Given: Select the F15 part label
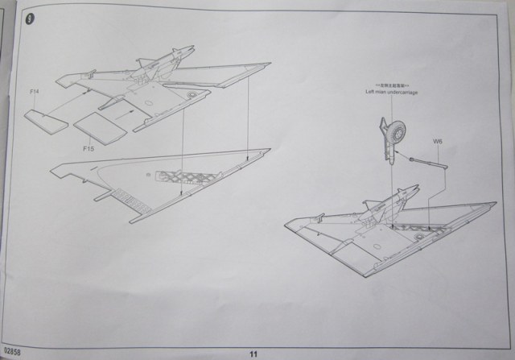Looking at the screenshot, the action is click(x=87, y=148).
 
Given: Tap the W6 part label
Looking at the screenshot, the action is click(x=438, y=143).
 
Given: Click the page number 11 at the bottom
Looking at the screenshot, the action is click(x=253, y=352).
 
